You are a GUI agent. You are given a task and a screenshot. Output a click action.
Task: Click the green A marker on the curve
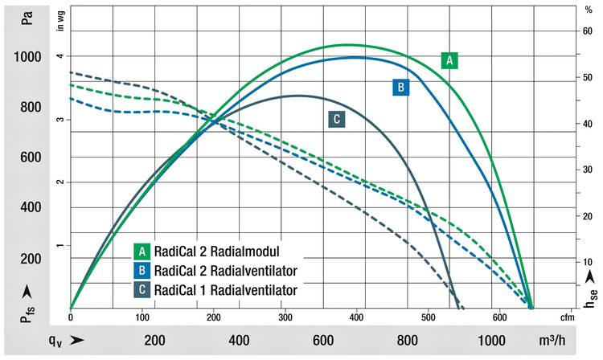pos(450,59)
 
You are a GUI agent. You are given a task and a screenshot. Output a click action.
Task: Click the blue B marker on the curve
pos(401,87)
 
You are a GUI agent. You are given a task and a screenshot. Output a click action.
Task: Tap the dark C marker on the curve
pos(337,119)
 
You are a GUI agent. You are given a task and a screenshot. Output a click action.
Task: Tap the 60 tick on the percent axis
pos(588,31)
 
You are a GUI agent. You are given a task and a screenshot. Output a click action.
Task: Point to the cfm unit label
pos(566,317)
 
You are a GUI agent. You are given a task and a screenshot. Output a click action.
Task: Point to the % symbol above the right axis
pos(588,11)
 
